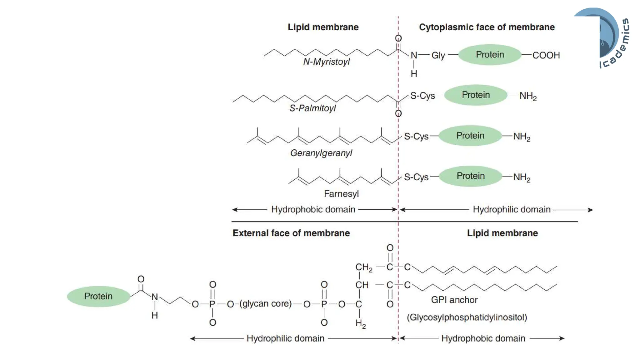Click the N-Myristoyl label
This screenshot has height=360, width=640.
326,62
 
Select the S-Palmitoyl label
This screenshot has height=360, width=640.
312,108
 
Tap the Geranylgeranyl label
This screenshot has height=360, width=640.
321,153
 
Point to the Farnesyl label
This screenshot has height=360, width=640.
341,194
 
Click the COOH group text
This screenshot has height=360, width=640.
546,55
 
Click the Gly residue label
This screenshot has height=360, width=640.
438,55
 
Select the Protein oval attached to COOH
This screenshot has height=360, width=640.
490,55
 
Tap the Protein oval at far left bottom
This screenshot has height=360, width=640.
98,296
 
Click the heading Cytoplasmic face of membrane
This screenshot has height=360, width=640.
487,27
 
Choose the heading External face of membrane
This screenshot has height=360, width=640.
291,233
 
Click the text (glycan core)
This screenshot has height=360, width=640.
265,303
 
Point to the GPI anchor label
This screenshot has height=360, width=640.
454,300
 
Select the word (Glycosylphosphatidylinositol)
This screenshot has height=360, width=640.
467,317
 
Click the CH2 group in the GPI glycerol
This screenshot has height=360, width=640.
364,267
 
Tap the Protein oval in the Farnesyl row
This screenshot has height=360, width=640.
470,176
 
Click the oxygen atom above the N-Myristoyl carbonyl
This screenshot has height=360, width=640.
398,38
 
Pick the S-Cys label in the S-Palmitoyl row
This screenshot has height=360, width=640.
422,96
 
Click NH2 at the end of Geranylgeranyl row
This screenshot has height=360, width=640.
522,137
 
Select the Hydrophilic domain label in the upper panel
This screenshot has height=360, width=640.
511,209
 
